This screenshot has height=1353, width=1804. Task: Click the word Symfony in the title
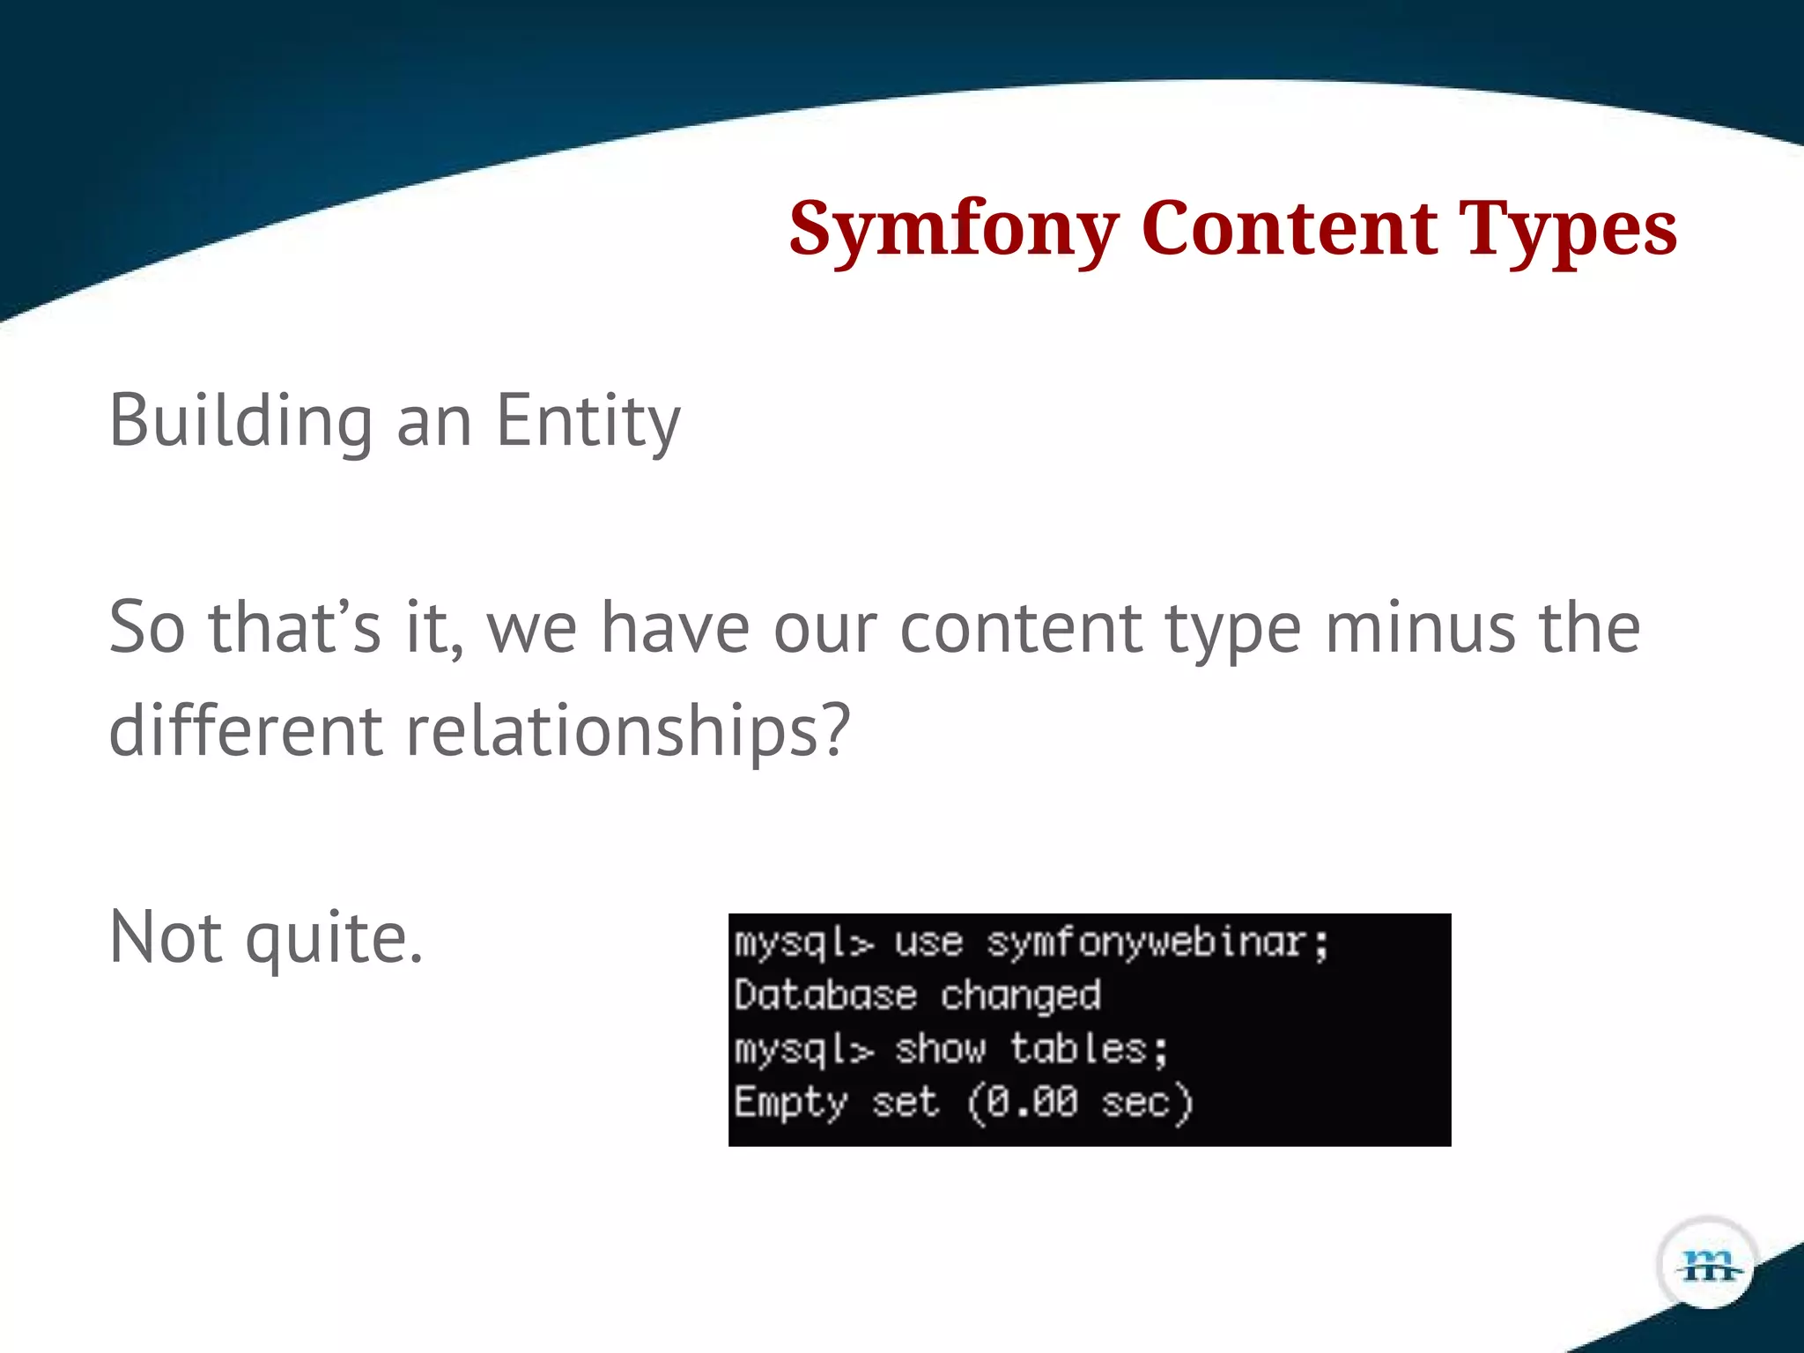(953, 229)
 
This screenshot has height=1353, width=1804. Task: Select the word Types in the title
(1567, 229)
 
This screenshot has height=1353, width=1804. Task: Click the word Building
(240, 421)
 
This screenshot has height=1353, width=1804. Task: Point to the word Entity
(588, 421)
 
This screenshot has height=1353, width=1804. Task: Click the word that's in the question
(294, 627)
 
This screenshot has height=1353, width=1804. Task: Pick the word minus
(1421, 627)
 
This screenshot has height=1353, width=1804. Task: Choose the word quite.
(334, 938)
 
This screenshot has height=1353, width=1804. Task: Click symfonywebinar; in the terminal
(1157, 943)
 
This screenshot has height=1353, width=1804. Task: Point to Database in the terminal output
(825, 995)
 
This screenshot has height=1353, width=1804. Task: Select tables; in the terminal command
(1089, 1049)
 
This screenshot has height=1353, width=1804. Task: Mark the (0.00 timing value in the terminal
(1022, 1102)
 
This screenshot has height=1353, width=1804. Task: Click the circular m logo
(1708, 1266)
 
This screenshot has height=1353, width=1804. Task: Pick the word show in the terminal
(940, 1049)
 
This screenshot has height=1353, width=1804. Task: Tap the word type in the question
(1232, 629)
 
